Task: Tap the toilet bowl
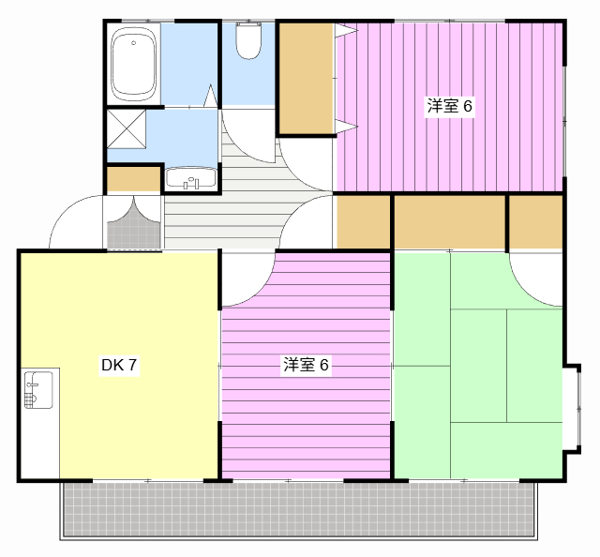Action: [x=248, y=42]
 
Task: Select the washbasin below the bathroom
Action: [x=191, y=178]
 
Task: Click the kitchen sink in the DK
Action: [x=39, y=388]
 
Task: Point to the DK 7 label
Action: [x=120, y=366]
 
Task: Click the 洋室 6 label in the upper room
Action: [x=450, y=106]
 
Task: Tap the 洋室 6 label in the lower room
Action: [x=306, y=366]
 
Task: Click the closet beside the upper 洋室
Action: [x=306, y=77]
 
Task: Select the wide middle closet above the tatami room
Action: [x=450, y=222]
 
